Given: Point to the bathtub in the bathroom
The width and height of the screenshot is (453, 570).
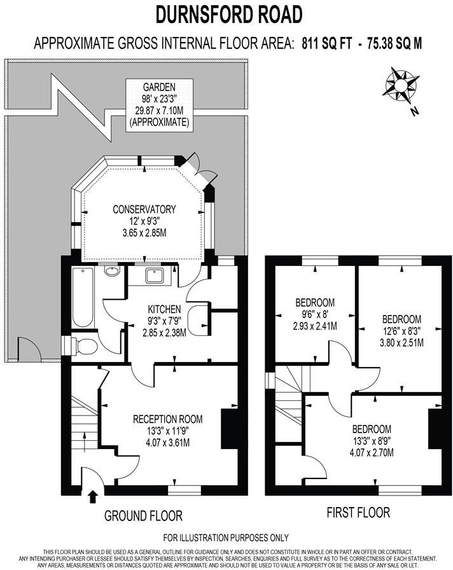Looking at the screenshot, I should coord(83,298).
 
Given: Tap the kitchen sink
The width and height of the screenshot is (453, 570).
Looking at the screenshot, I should coord(155,275).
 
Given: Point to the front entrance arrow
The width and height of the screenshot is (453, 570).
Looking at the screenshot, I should coord(94,496).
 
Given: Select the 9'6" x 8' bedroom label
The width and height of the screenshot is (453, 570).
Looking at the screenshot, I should coord(314,314).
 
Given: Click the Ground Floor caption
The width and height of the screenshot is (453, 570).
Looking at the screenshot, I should coord(144,515).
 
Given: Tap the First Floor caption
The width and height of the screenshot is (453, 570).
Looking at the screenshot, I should coord(358,512).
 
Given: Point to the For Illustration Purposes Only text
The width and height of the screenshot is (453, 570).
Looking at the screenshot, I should coord(226,538).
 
